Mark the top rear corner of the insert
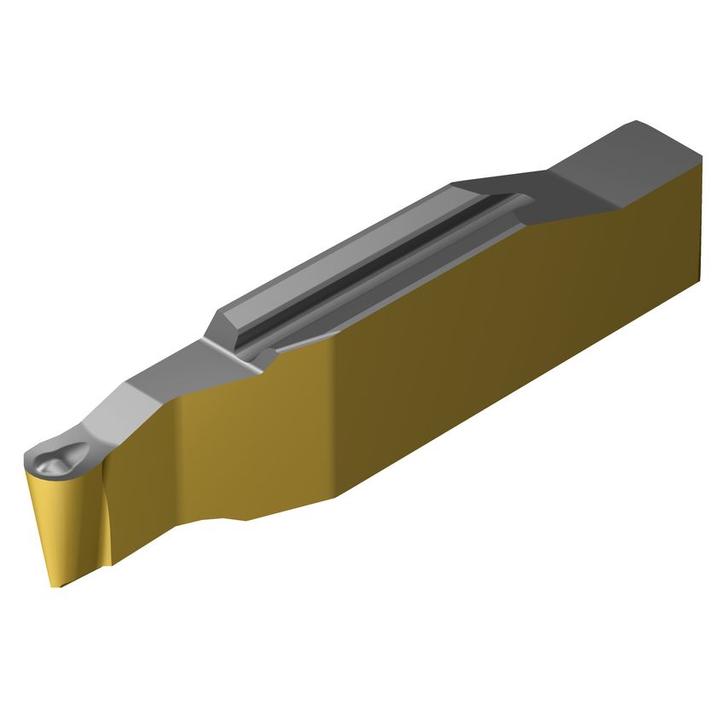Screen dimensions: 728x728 tap(701, 159)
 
